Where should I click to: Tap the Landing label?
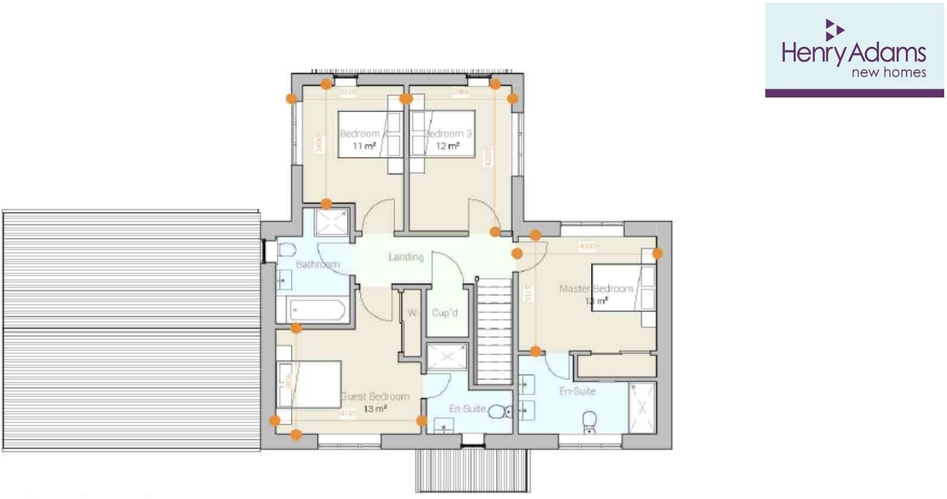[406, 257]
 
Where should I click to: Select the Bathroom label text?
[318, 265]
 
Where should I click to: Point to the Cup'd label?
[445, 313]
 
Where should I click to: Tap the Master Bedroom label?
[595, 289]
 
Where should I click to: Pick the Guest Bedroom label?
[375, 396]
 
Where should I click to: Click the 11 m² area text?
[364, 146]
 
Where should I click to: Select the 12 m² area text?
[447, 146]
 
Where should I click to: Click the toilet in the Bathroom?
[286, 250]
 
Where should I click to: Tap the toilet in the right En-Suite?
[590, 420]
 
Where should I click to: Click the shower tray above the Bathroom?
[332, 222]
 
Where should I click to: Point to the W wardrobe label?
[412, 313]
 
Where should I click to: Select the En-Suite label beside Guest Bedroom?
[467, 408]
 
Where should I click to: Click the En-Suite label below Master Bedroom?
[577, 391]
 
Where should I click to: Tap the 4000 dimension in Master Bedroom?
[587, 246]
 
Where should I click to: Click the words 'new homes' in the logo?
[889, 72]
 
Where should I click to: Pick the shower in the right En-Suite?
[642, 408]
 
